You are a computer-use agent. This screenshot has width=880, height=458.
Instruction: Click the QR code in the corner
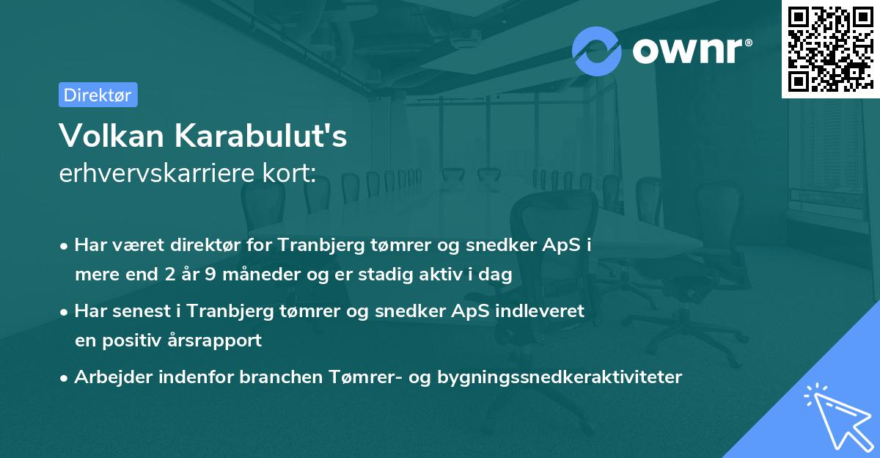(x=829, y=48)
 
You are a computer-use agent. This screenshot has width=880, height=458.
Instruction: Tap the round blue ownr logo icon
(x=596, y=51)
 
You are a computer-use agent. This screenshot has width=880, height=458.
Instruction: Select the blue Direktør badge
(x=98, y=95)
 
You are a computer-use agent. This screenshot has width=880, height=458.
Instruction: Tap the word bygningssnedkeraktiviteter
(x=560, y=377)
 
